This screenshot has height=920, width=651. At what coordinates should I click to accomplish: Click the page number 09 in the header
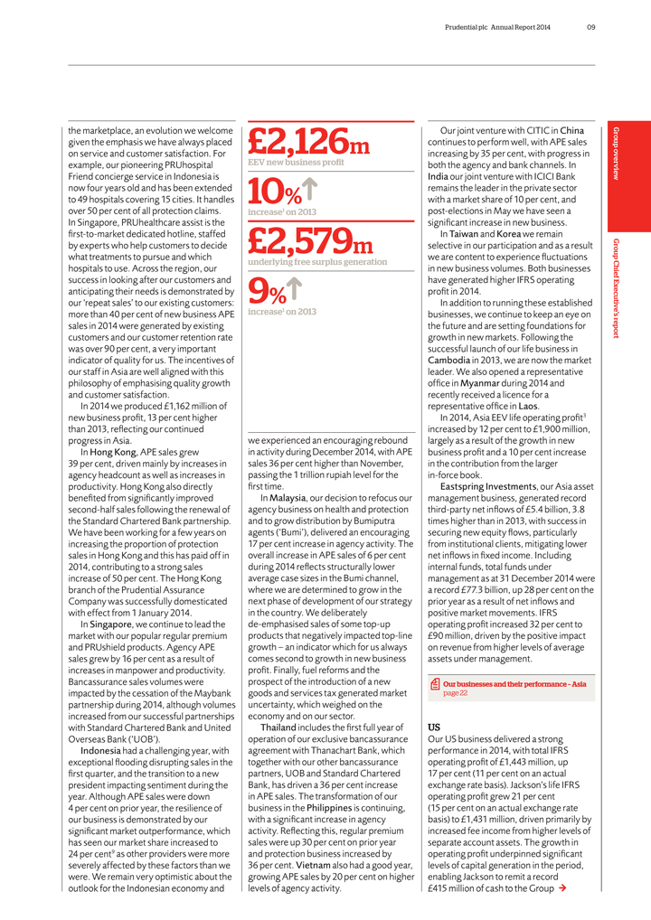(x=590, y=27)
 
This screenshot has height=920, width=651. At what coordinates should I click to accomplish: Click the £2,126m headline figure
(x=307, y=141)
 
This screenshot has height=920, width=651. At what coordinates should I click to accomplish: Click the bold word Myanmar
(x=486, y=383)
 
